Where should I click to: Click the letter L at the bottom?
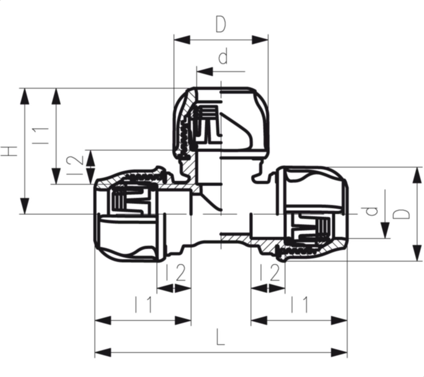(221, 337)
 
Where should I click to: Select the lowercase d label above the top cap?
(223, 57)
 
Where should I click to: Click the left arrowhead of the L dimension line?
(103, 353)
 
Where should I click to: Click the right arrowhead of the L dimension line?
(339, 353)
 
